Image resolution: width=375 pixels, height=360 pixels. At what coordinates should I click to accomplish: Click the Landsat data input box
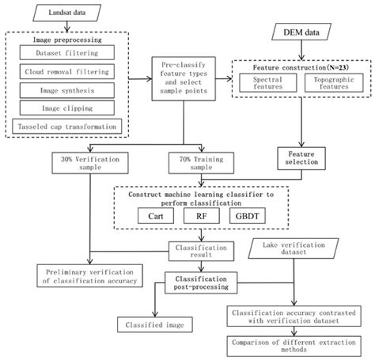click(x=67, y=13)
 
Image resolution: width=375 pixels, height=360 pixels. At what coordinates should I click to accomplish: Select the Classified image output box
click(x=146, y=324)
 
